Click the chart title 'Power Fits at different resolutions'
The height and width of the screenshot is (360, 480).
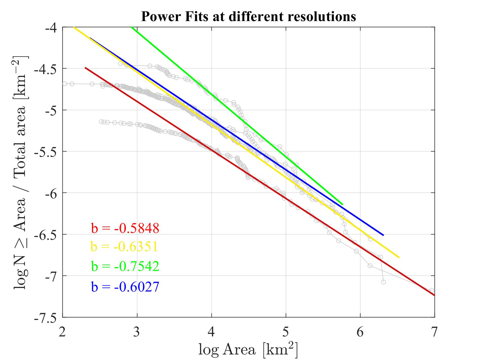(248, 16)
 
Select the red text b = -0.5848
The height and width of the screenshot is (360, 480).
(125, 228)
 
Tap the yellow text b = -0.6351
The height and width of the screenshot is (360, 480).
(124, 247)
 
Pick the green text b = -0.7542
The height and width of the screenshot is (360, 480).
(125, 266)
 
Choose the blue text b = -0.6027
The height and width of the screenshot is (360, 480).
(125, 286)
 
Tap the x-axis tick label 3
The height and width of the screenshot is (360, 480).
(137, 332)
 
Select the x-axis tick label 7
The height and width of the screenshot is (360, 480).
(434, 332)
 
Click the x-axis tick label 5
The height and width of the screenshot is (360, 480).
(286, 332)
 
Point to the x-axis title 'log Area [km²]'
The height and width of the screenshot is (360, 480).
(248, 349)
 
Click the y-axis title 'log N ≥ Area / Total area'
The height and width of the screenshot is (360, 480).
(20, 173)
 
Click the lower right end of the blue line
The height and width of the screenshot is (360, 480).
(383, 235)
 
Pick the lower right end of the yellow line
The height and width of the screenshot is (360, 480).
(399, 257)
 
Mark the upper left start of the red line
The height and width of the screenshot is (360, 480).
(85, 68)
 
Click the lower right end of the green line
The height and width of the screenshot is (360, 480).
(342, 204)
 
